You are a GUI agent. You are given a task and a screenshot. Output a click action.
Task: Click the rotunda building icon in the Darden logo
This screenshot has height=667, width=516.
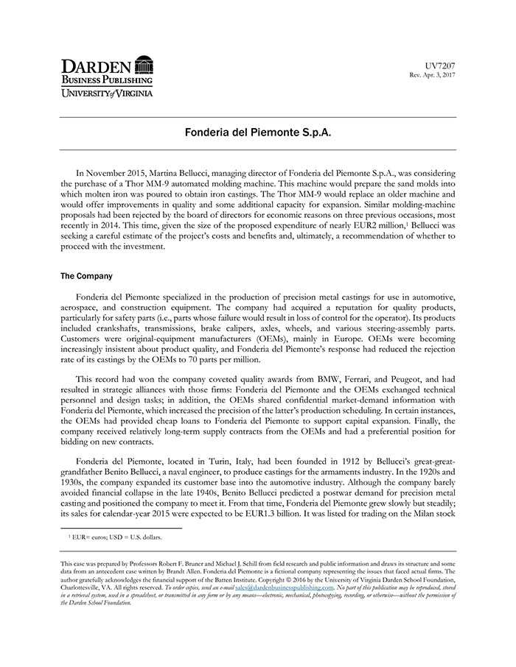click(144, 65)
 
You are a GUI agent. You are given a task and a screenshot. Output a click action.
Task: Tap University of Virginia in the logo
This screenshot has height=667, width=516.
click(106, 93)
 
